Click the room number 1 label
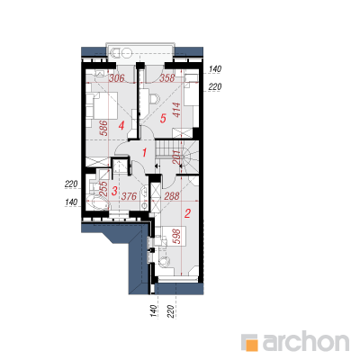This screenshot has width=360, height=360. click(144, 153)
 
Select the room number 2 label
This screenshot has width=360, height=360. click(187, 213)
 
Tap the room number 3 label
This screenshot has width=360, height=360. click(114, 191)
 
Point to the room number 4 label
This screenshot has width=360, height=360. click(121, 126)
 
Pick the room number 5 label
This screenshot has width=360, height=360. click(163, 119)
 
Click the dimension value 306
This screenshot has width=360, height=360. click(116, 78)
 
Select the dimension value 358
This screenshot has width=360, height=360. click(166, 78)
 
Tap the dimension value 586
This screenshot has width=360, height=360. click(103, 128)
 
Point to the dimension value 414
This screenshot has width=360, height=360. click(176, 110)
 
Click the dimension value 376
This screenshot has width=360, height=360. click(129, 196)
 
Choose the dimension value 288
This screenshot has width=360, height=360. click(172, 196)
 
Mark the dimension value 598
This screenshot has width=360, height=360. click(177, 237)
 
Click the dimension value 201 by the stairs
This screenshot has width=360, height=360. click(177, 157)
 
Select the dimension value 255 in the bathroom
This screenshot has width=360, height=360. click(103, 189)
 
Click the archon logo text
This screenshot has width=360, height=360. click(306, 341)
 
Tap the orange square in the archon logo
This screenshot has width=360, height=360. click(252, 345)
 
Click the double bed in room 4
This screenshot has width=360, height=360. click(102, 105)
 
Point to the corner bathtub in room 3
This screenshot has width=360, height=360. click(98, 202)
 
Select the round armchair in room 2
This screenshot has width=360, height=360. click(164, 262)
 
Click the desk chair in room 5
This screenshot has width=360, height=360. click(154, 98)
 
